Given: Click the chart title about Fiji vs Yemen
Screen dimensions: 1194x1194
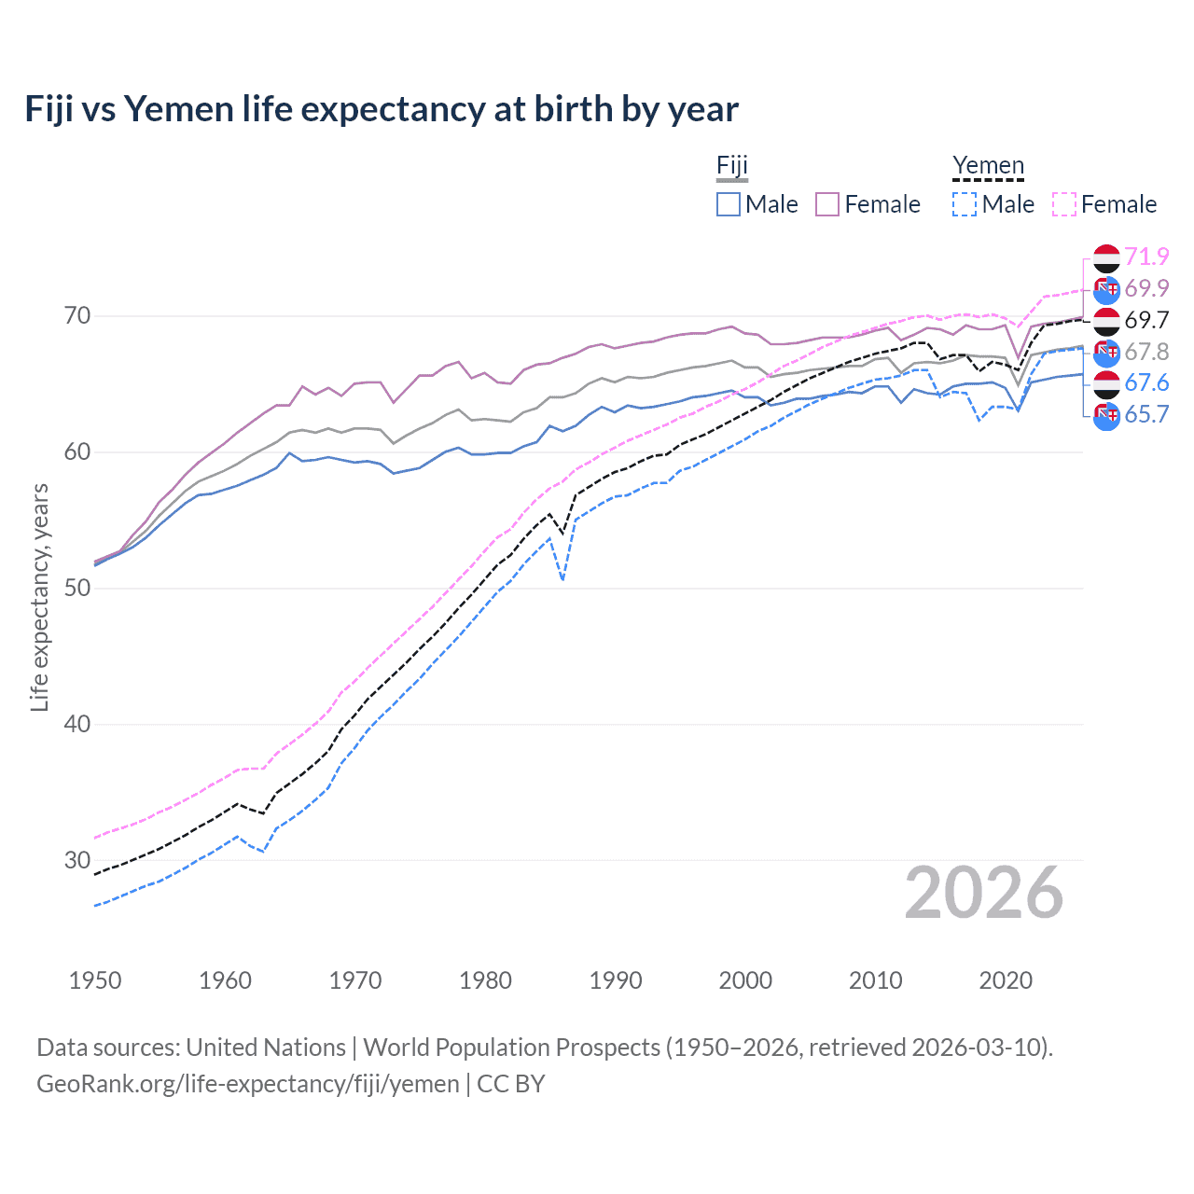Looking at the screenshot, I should point(382,109).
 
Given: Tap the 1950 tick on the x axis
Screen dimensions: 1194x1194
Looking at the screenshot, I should point(95,980).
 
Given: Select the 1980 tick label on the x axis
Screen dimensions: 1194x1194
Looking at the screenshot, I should point(485,980).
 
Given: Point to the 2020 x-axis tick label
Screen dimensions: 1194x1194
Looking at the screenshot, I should point(1006,980).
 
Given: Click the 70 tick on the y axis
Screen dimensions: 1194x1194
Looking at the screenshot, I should point(77,316).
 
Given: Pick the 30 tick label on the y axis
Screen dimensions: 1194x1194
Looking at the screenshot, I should point(77,860).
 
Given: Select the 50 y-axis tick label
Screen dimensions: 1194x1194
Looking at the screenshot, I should point(77,588).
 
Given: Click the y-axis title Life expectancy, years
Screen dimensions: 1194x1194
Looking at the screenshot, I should point(39,597).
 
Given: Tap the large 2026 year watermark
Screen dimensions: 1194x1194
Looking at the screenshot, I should point(983,893).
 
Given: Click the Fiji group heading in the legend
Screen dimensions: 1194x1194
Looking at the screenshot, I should point(732,166).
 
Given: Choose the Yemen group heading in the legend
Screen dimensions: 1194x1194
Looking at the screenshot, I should point(988,166).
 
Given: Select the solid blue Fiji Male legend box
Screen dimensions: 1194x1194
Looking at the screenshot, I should point(729,204).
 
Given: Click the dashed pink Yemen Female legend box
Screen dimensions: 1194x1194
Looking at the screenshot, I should point(1064,204).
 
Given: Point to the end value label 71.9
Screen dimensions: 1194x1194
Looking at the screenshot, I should point(1146,257).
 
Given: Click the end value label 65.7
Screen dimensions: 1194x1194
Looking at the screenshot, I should point(1146,414).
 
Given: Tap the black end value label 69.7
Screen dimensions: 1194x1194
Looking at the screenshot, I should point(1146,320).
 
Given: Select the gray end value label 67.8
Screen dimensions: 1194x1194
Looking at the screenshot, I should point(1146,352).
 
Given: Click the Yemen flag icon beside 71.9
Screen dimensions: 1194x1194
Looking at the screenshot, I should point(1106,257).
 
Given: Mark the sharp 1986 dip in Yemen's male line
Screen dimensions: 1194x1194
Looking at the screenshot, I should point(562,579).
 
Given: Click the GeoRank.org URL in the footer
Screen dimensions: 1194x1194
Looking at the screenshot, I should point(248,1084).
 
